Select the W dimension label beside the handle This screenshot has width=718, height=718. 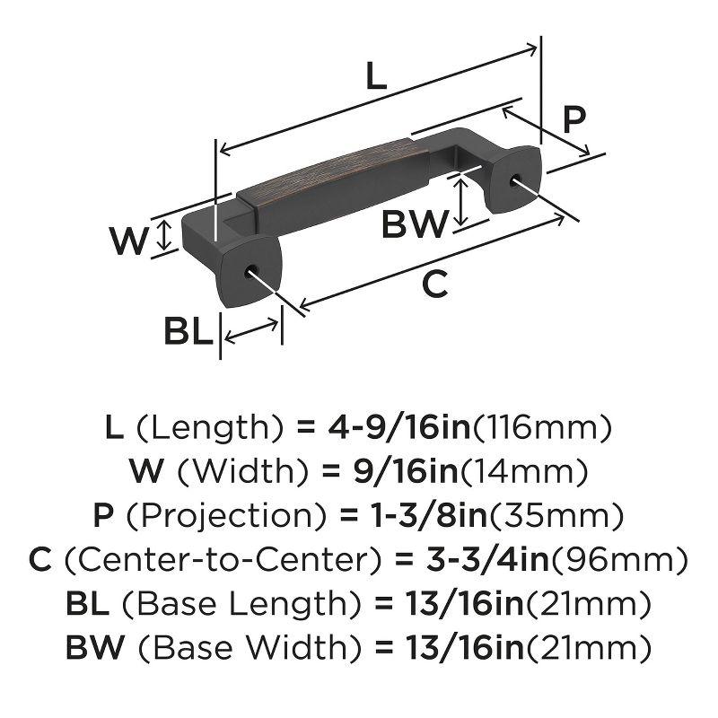pos(128,240)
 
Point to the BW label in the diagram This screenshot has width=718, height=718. pos(414,223)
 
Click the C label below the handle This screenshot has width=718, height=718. pos(433,285)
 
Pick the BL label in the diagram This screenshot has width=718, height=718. pos(188,332)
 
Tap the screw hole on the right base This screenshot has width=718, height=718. pos(518,180)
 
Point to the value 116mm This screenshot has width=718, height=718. pos(542,425)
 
